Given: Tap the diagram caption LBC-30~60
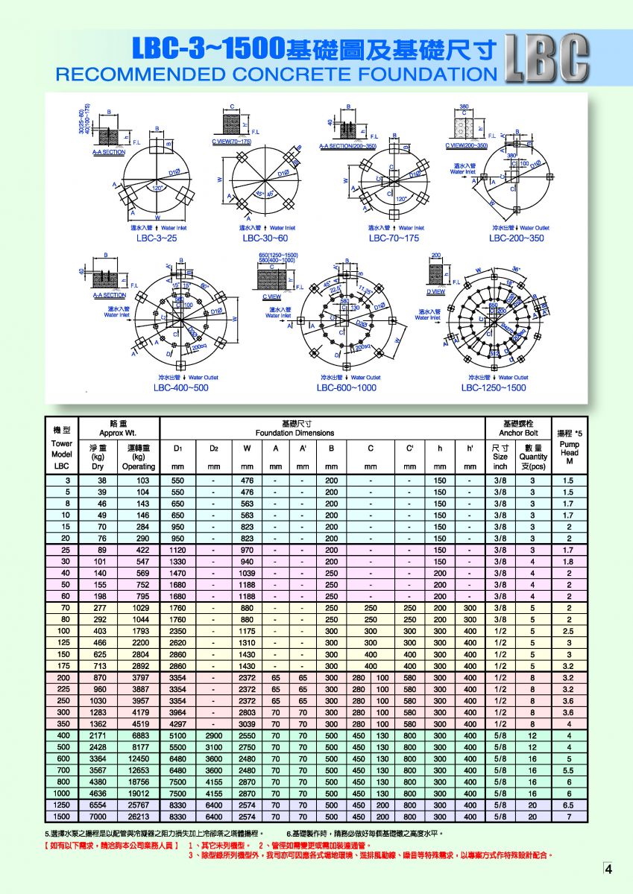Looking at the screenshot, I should (265, 238).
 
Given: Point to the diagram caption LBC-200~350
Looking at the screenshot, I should (517, 238).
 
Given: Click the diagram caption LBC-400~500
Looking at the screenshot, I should (181, 388).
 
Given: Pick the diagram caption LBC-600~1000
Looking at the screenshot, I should (347, 388).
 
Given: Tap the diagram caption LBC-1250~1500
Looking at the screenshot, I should (494, 388).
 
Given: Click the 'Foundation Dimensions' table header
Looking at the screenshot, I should (295, 433).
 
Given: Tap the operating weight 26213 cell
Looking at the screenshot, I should (139, 817).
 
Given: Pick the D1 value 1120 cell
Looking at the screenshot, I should (177, 550).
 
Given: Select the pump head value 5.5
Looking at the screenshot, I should (568, 770).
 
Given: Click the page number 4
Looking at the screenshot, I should (608, 869).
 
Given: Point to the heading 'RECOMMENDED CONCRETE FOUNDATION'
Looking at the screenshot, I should (276, 74).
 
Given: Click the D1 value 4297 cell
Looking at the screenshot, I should (177, 724).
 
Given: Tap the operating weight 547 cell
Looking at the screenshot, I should (139, 562).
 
